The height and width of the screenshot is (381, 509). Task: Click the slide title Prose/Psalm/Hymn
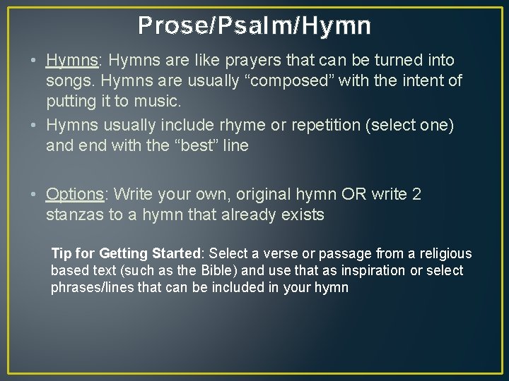tap(255, 26)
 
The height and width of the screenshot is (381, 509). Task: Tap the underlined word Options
tap(74, 194)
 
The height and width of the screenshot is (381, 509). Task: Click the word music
tap(159, 101)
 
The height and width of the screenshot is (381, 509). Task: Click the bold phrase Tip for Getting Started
tap(127, 253)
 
